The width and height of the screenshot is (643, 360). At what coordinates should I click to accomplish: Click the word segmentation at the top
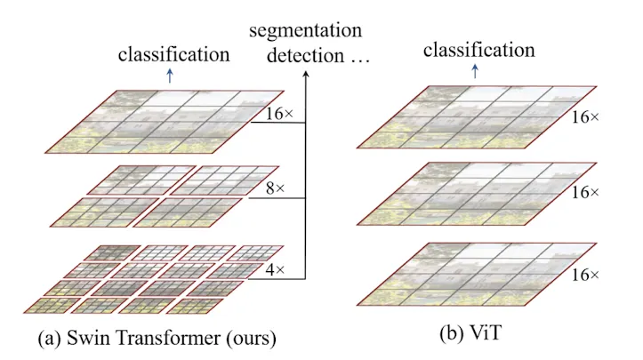pyautogui.click(x=306, y=31)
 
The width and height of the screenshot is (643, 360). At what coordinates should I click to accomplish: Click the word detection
pyautogui.click(x=306, y=55)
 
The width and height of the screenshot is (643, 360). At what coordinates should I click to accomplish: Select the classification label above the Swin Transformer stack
pyautogui.click(x=174, y=54)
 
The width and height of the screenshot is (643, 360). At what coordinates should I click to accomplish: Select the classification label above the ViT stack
pyautogui.click(x=479, y=50)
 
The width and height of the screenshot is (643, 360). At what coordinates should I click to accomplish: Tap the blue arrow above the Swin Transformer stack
pyautogui.click(x=170, y=76)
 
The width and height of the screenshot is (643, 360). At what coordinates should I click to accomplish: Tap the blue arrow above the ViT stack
pyautogui.click(x=475, y=71)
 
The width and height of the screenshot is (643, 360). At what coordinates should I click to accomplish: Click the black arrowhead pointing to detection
pyautogui.click(x=305, y=74)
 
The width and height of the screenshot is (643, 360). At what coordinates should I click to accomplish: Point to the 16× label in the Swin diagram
pyautogui.click(x=279, y=114)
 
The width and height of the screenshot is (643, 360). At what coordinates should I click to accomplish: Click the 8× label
pyautogui.click(x=275, y=188)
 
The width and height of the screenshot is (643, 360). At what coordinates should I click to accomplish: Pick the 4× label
pyautogui.click(x=275, y=269)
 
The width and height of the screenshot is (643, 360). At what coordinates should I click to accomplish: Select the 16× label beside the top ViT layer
pyautogui.click(x=585, y=117)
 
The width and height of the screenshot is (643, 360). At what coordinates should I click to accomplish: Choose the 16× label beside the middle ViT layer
pyautogui.click(x=585, y=192)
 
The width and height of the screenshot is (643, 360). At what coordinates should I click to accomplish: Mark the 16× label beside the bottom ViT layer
pyautogui.click(x=585, y=275)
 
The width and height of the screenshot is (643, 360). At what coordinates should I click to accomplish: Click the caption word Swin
pyautogui.click(x=85, y=338)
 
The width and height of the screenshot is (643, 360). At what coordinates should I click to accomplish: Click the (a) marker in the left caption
pyautogui.click(x=50, y=339)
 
